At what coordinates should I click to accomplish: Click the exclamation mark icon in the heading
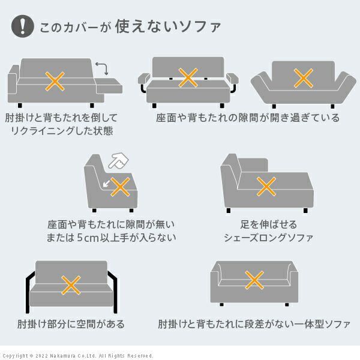tap(23, 26)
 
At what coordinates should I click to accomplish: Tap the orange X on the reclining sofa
tap(56, 80)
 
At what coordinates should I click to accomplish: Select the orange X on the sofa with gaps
tap(188, 77)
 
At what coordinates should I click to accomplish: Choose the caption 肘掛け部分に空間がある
tap(71, 325)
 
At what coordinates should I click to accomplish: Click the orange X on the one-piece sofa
tap(255, 280)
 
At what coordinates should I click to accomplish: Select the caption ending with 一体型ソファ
tap(254, 325)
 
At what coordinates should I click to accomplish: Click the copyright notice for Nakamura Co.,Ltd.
tap(78, 355)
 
